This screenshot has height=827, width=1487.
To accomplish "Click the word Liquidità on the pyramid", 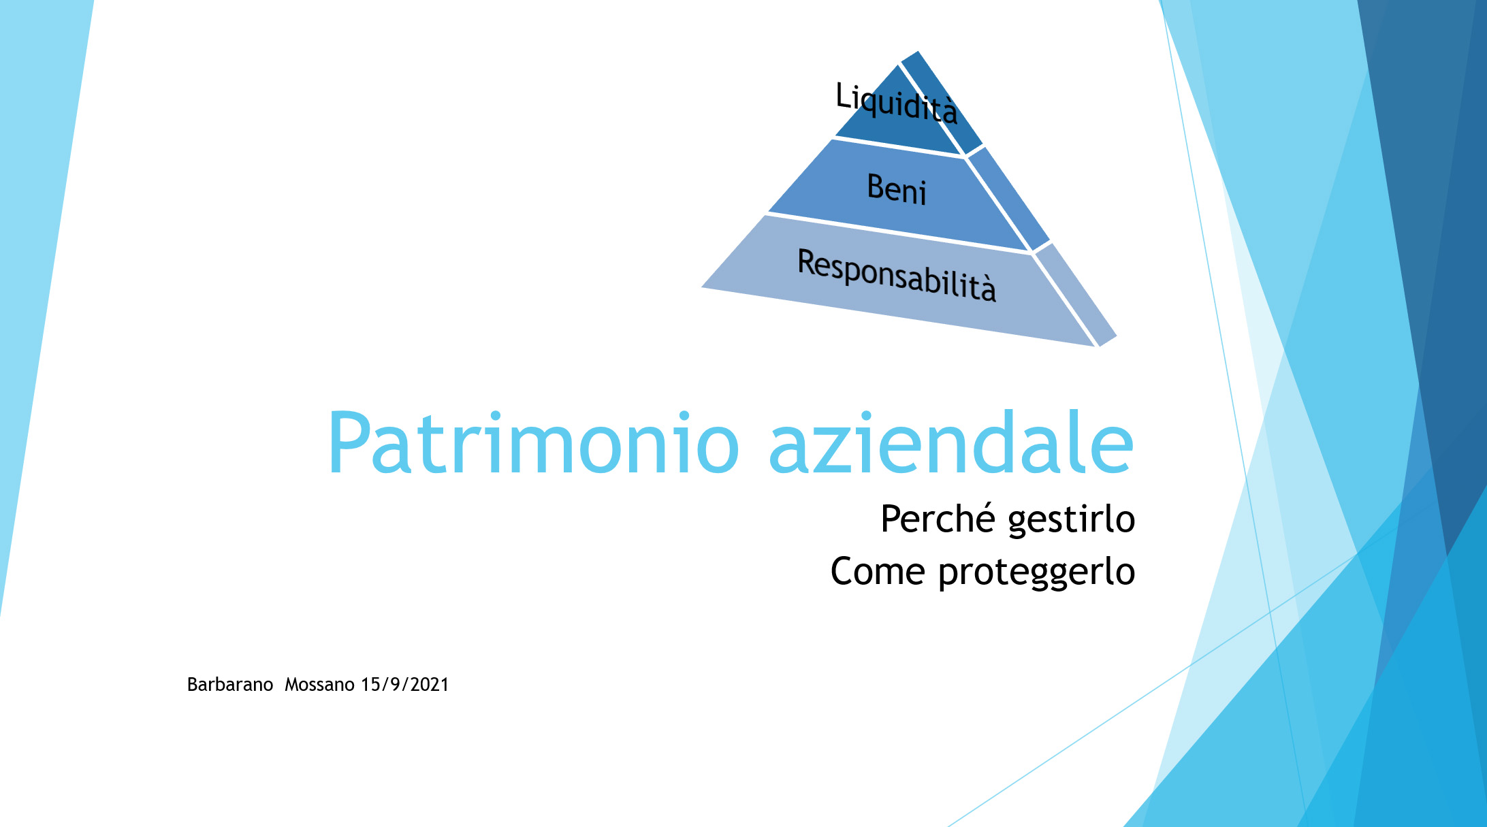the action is point(896,103).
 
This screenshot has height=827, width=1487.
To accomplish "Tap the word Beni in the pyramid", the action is point(897,189).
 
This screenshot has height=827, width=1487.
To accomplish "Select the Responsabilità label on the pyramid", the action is point(897,274).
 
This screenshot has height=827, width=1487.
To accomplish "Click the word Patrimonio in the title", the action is point(533,444).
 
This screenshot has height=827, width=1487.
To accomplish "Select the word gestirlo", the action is point(1072,521).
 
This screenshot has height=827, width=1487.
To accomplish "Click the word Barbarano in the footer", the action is point(230,685).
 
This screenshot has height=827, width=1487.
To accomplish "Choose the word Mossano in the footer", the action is point(319,685).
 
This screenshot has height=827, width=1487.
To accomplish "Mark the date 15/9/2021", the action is point(405,685).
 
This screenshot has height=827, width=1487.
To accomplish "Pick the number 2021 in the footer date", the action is point(430,685).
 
